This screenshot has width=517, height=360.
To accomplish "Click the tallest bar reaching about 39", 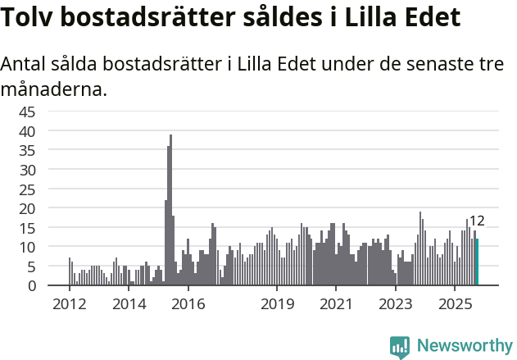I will [x=170, y=211].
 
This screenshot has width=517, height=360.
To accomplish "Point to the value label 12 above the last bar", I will [x=477, y=221].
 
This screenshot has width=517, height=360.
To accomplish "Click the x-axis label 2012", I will [x=69, y=304].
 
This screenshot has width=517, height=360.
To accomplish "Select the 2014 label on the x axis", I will [x=129, y=304].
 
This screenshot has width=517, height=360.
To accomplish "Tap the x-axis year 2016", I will [x=188, y=304].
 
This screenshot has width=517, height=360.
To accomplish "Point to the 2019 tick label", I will [x=277, y=304].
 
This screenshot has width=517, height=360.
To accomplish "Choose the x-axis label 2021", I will [x=336, y=304].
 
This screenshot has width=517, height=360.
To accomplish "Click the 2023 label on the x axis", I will [x=396, y=304].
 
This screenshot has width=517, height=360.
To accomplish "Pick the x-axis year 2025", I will [x=456, y=304].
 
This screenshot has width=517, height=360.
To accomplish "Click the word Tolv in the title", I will [x=31, y=17].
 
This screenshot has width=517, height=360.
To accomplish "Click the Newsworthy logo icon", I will [x=400, y=347].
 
